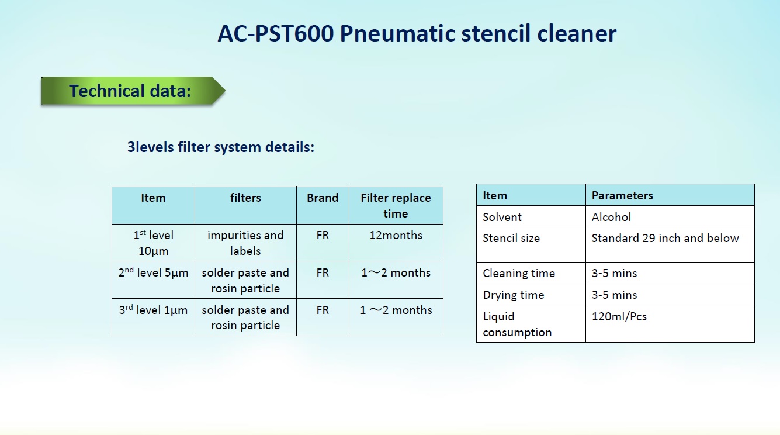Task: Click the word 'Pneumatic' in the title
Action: click(397, 34)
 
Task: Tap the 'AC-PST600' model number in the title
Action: click(275, 34)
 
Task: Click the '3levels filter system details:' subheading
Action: click(221, 147)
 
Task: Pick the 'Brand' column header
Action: click(323, 198)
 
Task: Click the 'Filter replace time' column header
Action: click(396, 206)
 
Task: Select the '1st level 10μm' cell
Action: click(153, 243)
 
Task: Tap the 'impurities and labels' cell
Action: click(245, 243)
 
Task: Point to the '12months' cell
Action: click(396, 235)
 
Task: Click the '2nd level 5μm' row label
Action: click(153, 272)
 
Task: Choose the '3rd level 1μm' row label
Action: click(153, 310)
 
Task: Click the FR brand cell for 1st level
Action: click(323, 235)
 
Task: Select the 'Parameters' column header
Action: click(622, 195)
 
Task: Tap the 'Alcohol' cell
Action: click(611, 217)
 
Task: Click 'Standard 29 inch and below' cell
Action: click(665, 238)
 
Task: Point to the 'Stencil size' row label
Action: click(511, 238)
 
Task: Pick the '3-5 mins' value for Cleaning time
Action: click(614, 273)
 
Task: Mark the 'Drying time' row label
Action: click(513, 295)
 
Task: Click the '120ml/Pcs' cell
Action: click(619, 316)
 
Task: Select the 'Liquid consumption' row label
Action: click(517, 324)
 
